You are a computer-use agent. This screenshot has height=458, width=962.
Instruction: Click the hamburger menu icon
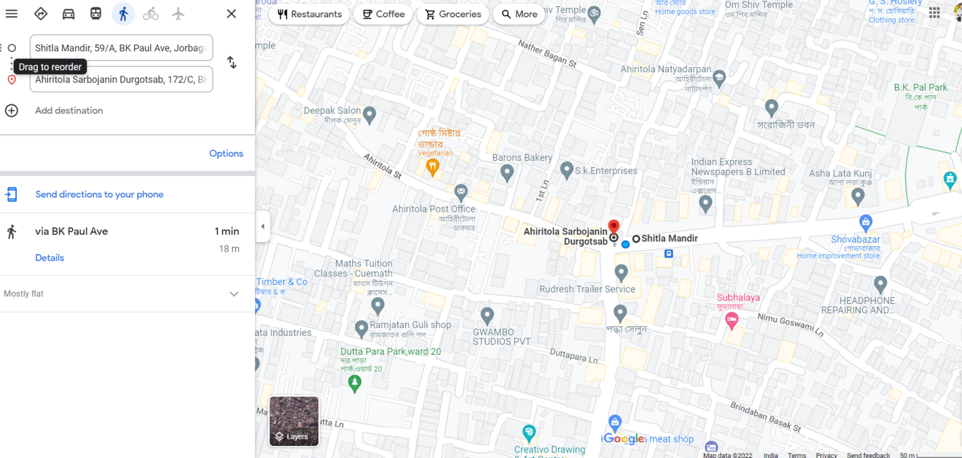click(x=11, y=14)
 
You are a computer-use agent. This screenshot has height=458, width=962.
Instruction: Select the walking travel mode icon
click(x=123, y=14)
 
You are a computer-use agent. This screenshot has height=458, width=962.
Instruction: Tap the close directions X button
click(x=231, y=14)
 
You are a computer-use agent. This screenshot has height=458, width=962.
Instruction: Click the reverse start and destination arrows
click(x=232, y=63)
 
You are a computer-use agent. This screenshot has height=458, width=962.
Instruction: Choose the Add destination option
click(x=68, y=110)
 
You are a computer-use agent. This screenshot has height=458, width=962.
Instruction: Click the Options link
click(x=226, y=154)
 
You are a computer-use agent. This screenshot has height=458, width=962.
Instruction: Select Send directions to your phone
click(x=99, y=194)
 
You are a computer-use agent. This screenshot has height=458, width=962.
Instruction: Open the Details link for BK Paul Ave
click(x=49, y=258)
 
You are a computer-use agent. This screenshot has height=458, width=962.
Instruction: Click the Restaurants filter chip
click(x=309, y=14)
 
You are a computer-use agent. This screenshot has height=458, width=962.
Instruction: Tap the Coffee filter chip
click(x=383, y=14)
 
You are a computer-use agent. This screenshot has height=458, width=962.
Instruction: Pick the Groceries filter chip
click(x=453, y=14)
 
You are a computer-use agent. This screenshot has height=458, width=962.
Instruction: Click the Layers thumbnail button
click(x=294, y=421)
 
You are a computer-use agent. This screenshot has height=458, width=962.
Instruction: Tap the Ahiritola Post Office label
click(x=434, y=209)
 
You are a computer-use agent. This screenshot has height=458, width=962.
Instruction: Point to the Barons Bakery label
click(x=522, y=158)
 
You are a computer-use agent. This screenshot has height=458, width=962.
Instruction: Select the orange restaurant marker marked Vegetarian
click(x=432, y=167)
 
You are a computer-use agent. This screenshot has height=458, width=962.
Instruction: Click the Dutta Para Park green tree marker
click(x=355, y=382)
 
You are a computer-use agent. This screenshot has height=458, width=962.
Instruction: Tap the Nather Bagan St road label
click(x=547, y=55)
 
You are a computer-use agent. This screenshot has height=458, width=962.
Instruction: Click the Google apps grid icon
click(x=934, y=13)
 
